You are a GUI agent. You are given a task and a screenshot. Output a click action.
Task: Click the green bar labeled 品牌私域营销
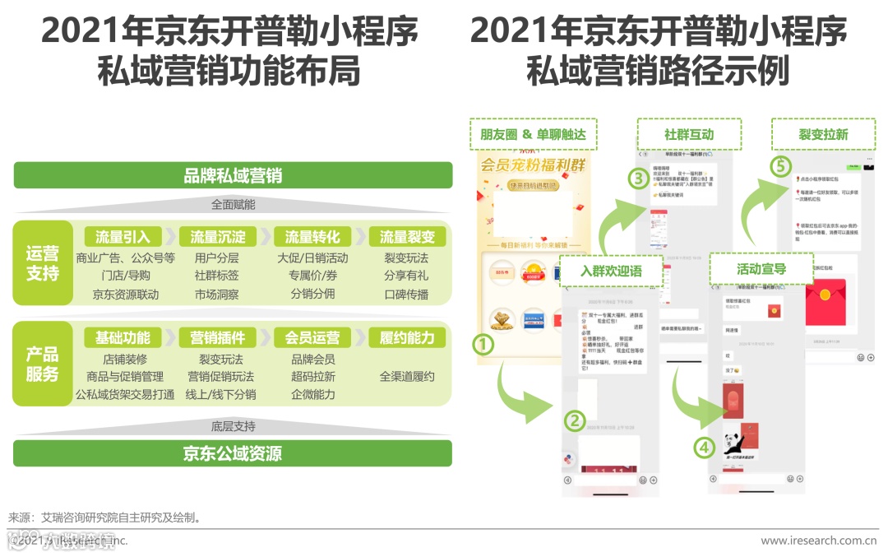pyautogui.click(x=233, y=175)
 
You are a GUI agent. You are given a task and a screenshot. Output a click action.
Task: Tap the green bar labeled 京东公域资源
pyautogui.click(x=233, y=453)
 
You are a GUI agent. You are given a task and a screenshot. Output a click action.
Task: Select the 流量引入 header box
pyautogui.click(x=123, y=237)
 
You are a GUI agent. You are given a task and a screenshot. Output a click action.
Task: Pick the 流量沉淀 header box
pyautogui.click(x=218, y=237)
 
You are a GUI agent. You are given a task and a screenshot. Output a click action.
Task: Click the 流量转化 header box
pyautogui.click(x=312, y=237)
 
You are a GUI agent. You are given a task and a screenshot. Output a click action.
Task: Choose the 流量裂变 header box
pyautogui.click(x=407, y=237)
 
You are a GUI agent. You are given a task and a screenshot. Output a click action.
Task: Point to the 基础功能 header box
pyautogui.click(x=123, y=337)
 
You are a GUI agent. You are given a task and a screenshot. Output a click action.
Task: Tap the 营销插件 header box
pyautogui.click(x=218, y=337)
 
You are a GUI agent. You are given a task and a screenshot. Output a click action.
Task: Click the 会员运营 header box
pyautogui.click(x=312, y=337)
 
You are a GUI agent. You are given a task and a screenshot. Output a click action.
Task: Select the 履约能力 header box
pyautogui.click(x=407, y=337)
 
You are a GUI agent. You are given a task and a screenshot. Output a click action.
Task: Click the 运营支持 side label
pyautogui.click(x=43, y=263)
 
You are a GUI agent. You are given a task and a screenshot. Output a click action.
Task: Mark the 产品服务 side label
pyautogui.click(x=43, y=364)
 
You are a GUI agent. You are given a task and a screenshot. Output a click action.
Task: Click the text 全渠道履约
pyautogui.click(x=407, y=377)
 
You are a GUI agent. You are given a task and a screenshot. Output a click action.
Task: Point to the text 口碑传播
pyautogui.click(x=406, y=295)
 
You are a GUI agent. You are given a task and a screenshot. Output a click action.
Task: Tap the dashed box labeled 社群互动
pyautogui.click(x=689, y=134)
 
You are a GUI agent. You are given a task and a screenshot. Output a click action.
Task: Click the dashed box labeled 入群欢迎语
pyautogui.click(x=611, y=271)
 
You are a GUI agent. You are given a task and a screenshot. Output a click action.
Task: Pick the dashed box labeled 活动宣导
pyautogui.click(x=761, y=269)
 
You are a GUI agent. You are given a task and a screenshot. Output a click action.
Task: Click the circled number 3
pyautogui.click(x=636, y=178)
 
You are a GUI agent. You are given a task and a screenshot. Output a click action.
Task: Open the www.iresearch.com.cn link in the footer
pyautogui.click(x=818, y=541)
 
